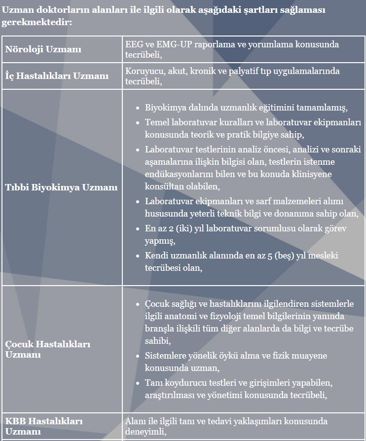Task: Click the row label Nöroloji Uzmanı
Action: tap(43, 49)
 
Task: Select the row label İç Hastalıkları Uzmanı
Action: tap(57, 76)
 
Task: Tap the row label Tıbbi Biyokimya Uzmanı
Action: tap(62, 187)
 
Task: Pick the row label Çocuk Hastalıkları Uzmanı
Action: tap(48, 349)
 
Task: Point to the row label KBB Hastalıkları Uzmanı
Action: tap(44, 426)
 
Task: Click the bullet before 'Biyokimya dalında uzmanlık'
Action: tap(138, 108)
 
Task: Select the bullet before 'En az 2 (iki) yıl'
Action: tap(138, 229)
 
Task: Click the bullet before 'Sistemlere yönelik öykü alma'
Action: tap(138, 356)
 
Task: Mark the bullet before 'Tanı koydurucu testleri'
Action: tap(138, 383)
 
